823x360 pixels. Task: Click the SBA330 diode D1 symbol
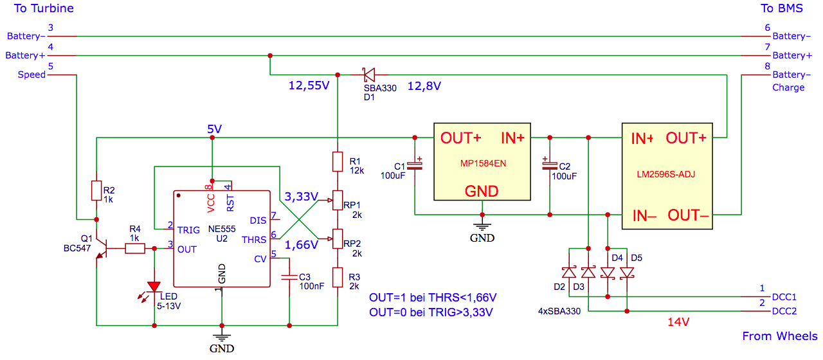coord(368,75)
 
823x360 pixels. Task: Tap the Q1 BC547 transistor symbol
coord(101,248)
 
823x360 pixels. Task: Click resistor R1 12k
coord(338,161)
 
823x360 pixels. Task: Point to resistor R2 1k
coord(96,191)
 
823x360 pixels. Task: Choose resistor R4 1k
coord(135,249)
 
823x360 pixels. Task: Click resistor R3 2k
coord(338,277)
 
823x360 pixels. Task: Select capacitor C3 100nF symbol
coord(289,277)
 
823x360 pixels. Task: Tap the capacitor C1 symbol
coord(415,165)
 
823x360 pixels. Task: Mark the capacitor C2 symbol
coord(550,165)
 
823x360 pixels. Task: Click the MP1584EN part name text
coord(483,163)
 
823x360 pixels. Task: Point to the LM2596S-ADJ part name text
coord(665,174)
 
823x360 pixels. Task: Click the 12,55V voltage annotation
coord(309,85)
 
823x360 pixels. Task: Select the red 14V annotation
coord(678,322)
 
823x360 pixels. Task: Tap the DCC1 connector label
coord(784,297)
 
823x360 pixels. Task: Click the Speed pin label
coord(32,75)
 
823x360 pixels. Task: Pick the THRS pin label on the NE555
coord(254,240)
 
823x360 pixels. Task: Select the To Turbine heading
coord(44,8)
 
